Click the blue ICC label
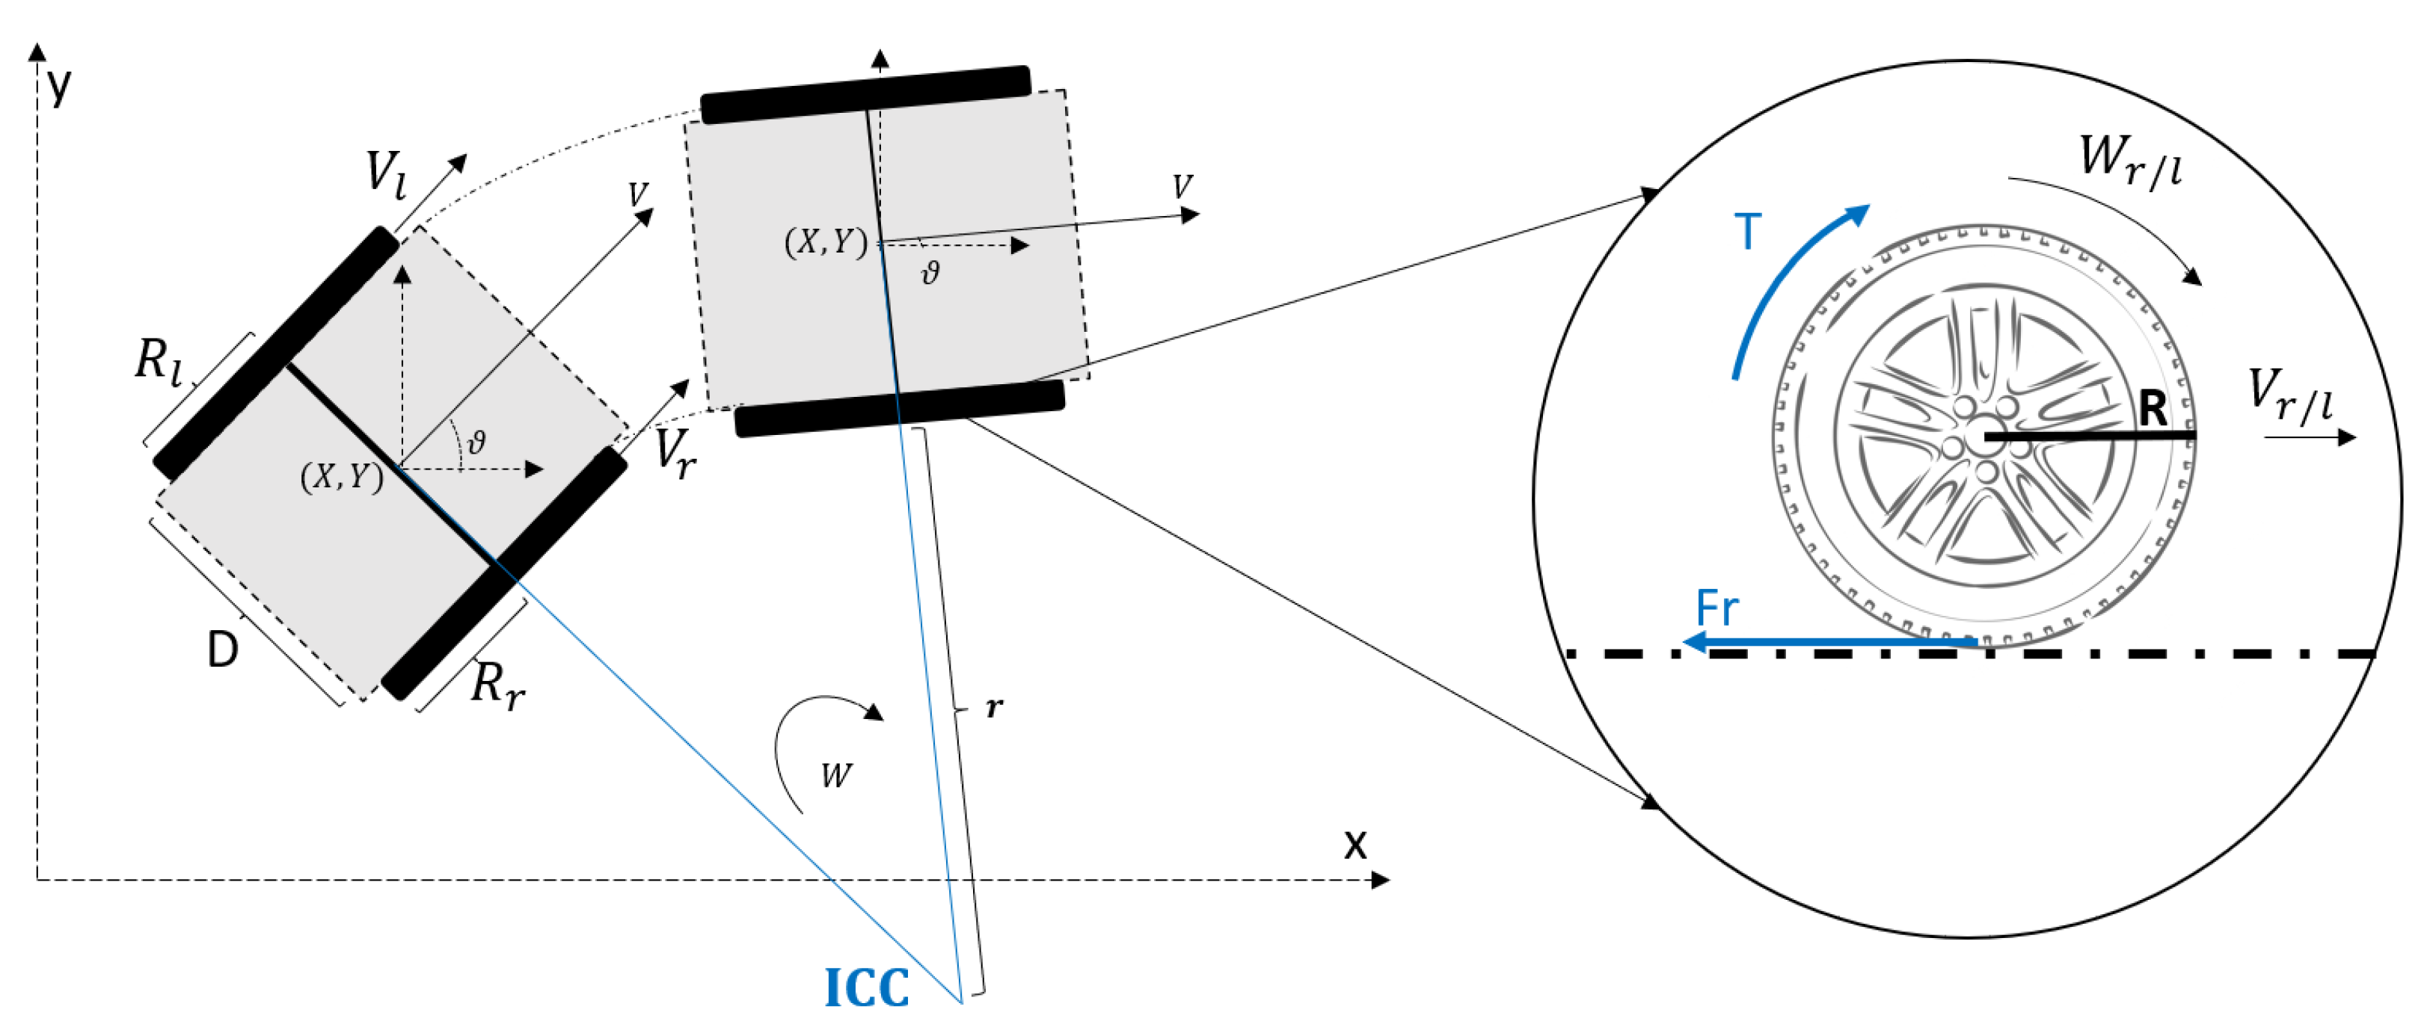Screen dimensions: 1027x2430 pyautogui.click(x=866, y=987)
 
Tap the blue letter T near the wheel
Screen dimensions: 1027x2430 pyautogui.click(x=1747, y=232)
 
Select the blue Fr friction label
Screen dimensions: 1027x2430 pyautogui.click(x=1716, y=608)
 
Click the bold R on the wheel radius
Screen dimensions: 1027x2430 pyautogui.click(x=2153, y=408)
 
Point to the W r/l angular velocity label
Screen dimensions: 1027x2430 pyautogui.click(x=2129, y=161)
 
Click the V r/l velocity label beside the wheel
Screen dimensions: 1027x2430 pyautogui.click(x=2289, y=393)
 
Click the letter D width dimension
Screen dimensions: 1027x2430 pyautogui.click(x=223, y=650)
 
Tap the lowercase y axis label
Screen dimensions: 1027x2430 pyautogui.click(x=59, y=87)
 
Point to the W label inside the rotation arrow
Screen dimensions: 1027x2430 pyautogui.click(x=835, y=775)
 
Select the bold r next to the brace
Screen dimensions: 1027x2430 pyautogui.click(x=994, y=706)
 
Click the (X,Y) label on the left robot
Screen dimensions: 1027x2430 pyautogui.click(x=342, y=476)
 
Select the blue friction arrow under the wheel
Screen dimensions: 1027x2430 pyautogui.click(x=1830, y=643)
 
